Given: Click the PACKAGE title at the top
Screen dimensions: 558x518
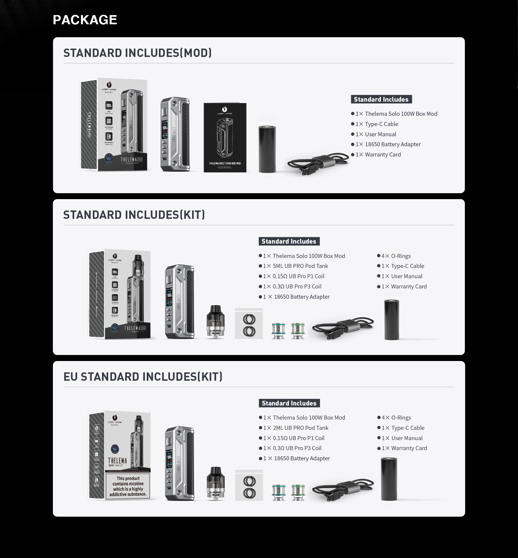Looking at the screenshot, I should coord(85,20).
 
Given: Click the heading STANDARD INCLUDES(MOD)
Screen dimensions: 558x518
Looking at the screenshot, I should coord(137,53).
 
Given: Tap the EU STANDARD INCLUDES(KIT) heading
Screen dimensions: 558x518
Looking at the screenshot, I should coord(143,377).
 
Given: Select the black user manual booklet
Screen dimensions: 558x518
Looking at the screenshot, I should coord(225,137).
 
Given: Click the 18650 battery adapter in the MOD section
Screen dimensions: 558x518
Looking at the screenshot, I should coord(267,149).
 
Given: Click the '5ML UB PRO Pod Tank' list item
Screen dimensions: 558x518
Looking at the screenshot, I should coord(300,266).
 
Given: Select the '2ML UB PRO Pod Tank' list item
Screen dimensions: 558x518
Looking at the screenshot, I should coord(300,428).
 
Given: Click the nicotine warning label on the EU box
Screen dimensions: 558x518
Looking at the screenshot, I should coord(128,486).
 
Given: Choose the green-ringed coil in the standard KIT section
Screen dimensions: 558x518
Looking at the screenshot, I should coord(298,331).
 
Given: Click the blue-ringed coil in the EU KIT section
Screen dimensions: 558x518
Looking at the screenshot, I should coord(279,492).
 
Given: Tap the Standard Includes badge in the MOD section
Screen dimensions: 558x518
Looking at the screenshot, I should coord(381,99).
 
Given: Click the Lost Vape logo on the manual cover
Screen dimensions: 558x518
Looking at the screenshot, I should coord(224,110).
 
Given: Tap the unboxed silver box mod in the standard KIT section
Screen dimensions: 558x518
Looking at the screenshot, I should coord(179,301).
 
